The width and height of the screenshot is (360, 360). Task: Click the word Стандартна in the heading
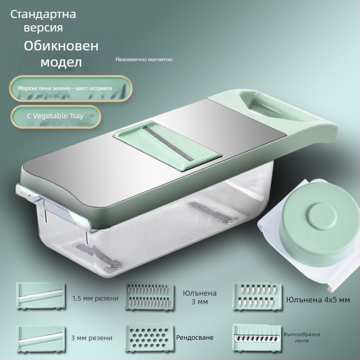43,14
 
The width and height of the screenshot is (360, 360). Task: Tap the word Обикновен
61,46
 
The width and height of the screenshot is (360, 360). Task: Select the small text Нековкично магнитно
144,59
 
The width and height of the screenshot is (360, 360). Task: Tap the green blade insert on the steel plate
166,144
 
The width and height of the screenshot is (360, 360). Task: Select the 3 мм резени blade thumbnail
40,338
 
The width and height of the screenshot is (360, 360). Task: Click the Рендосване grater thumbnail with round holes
148,338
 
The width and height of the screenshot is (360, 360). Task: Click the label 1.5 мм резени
95,298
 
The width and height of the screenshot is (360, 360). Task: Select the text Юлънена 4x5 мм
318,298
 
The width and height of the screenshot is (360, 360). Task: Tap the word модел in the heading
61,62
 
